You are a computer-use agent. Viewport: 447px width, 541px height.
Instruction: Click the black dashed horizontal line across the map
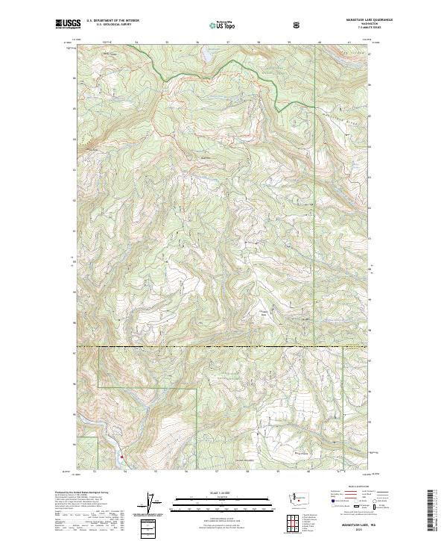click(x=223, y=348)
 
